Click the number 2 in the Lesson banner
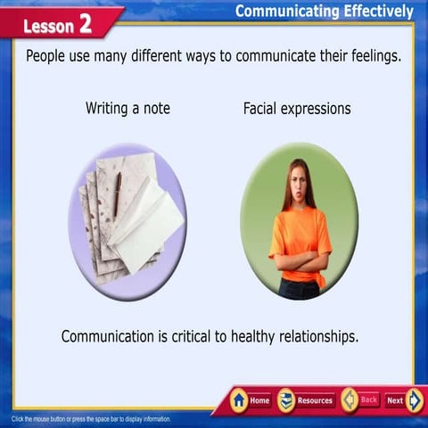86,23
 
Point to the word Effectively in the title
374,11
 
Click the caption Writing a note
128,109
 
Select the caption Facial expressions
297,109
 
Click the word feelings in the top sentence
370,55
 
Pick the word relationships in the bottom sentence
313,337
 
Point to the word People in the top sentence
48,55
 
